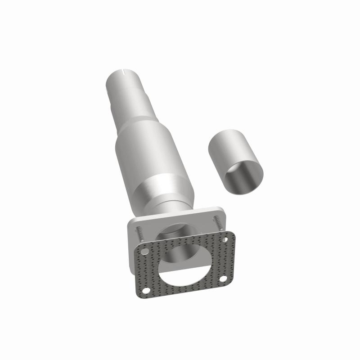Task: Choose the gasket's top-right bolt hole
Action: (225, 239)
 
